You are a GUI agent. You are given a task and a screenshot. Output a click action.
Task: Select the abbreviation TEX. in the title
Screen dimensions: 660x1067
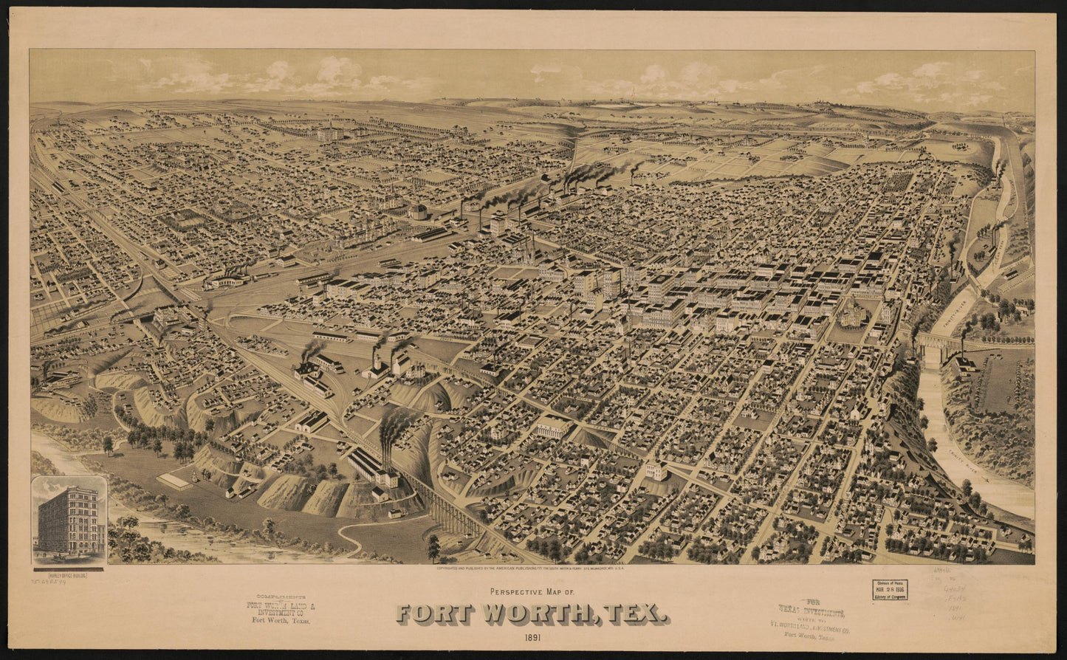(636, 613)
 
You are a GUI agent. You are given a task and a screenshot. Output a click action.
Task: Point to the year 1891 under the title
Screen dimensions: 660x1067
(533, 637)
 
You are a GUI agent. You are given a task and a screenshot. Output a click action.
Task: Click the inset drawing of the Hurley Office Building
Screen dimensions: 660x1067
(69, 521)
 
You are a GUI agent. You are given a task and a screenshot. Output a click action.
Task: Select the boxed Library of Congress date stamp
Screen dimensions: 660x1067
(889, 589)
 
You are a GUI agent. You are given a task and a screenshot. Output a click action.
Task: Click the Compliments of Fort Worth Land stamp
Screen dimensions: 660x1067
(281, 609)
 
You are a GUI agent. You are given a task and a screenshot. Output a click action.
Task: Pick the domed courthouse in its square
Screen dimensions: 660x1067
(855, 313)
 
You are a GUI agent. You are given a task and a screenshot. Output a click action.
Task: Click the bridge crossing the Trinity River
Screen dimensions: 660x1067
(938, 342)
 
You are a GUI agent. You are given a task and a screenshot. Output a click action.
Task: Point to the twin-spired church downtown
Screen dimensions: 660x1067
(528, 251)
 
